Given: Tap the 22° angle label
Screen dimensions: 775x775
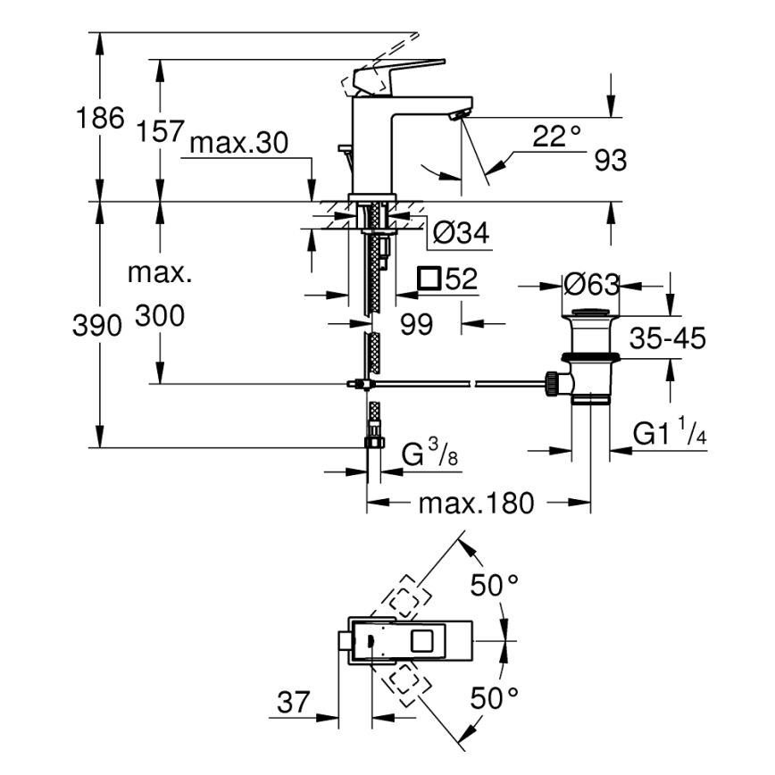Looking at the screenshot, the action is point(556,137).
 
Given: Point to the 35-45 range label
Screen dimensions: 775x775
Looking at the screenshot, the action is point(668,338).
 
